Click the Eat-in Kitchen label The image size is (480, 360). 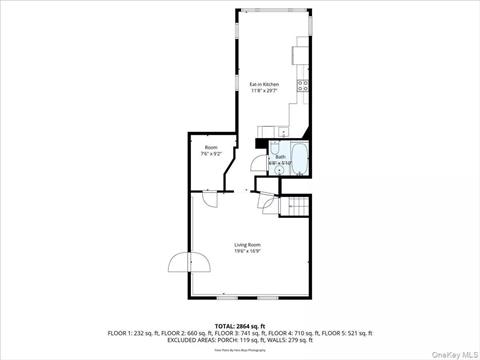pyautogui.click(x=264, y=84)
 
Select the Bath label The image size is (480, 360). pyautogui.click(x=280, y=156)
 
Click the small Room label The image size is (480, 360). pyautogui.click(x=211, y=147)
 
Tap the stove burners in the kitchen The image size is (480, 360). pyautogui.click(x=302, y=86)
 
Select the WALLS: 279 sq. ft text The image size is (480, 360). pyautogui.click(x=289, y=339)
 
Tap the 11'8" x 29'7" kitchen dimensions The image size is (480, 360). pyautogui.click(x=264, y=90)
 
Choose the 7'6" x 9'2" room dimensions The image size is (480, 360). pyautogui.click(x=211, y=153)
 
